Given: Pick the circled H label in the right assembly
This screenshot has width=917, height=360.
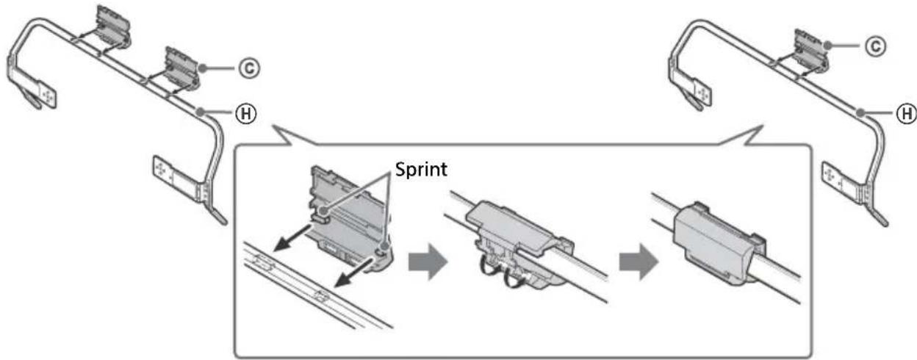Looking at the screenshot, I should click(908, 113).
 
